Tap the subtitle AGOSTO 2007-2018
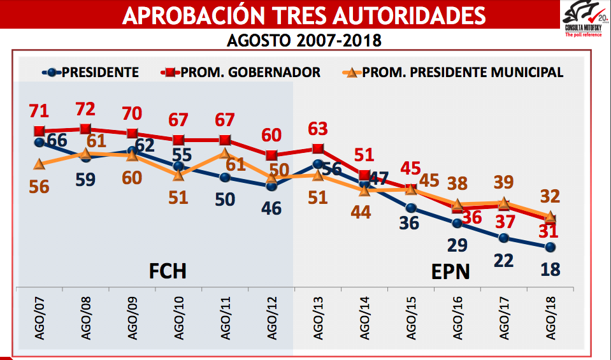tap(305, 41)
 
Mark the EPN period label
tap(450, 272)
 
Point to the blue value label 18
tap(550, 269)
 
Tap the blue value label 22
tap(503, 261)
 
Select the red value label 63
tap(318, 128)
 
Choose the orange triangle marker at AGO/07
tap(40, 164)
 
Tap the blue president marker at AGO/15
tap(411, 208)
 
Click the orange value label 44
tap(364, 212)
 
